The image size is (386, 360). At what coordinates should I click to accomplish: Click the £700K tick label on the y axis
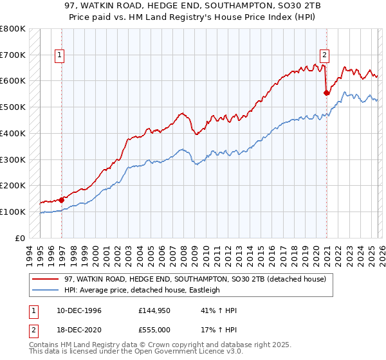click(x=13, y=55)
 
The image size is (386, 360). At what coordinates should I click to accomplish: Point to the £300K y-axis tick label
click(x=13, y=159)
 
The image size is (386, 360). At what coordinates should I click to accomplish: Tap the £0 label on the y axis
click(x=20, y=238)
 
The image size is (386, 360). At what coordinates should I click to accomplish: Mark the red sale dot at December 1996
click(x=62, y=199)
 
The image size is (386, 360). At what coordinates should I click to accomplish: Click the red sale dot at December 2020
click(x=326, y=93)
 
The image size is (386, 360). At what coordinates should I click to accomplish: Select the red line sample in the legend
click(x=46, y=279)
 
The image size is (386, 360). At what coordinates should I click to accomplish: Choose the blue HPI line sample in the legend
click(x=46, y=290)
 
